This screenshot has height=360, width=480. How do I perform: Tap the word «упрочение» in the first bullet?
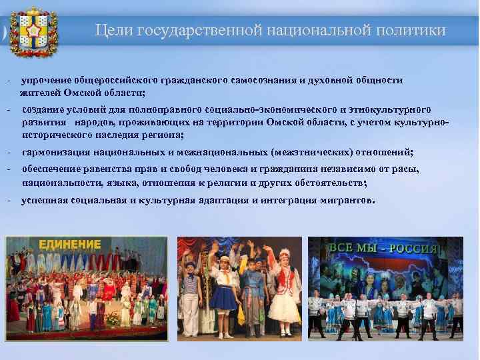click(45, 80)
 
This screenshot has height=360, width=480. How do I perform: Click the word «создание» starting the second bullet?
click(42, 109)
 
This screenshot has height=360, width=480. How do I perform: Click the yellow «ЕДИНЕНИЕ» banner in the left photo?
click(70, 245)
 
